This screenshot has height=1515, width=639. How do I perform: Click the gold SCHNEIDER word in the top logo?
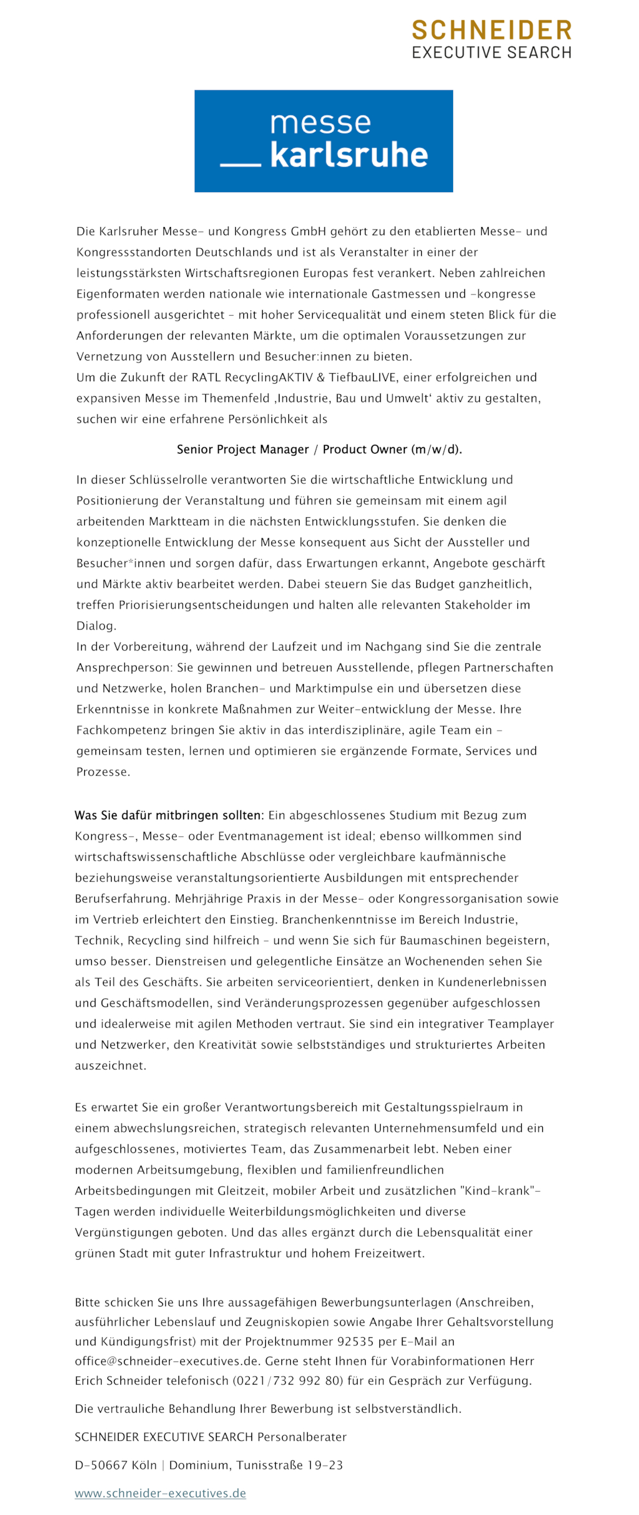click(x=491, y=30)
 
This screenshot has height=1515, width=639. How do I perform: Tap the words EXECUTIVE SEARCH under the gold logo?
click(x=491, y=52)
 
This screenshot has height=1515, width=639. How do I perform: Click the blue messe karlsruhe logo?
click(x=323, y=140)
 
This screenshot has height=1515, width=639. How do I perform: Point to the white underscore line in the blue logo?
click(x=240, y=165)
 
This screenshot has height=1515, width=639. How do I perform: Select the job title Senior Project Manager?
click(x=243, y=449)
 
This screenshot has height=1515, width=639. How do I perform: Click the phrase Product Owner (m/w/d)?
click(x=392, y=449)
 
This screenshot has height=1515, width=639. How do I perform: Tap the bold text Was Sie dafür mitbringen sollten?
click(x=169, y=815)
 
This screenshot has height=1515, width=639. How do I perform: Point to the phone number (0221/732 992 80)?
click(x=288, y=1381)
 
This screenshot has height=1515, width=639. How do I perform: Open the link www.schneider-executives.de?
click(x=160, y=1493)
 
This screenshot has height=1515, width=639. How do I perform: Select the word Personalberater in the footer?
click(x=302, y=1437)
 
